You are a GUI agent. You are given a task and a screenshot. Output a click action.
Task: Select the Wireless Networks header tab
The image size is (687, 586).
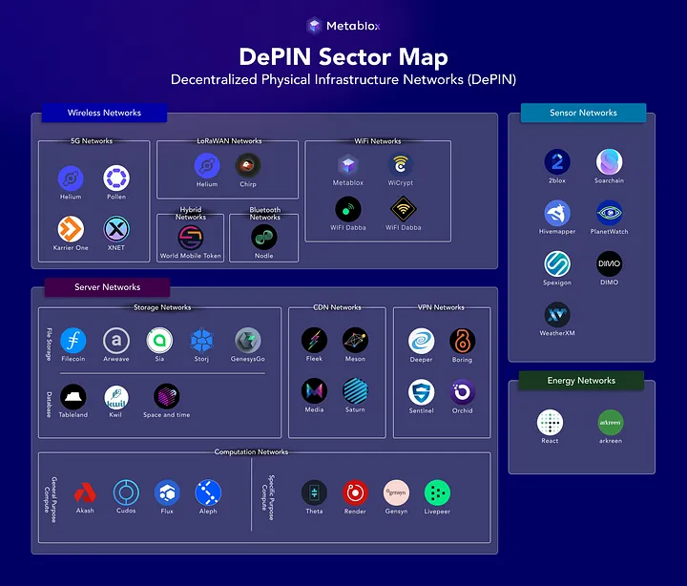[104, 113]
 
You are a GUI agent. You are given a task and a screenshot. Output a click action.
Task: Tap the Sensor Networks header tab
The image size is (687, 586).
[583, 113]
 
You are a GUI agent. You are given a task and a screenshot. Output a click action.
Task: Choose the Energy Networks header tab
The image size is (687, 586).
[581, 381]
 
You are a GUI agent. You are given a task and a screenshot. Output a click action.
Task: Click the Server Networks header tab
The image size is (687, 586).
[107, 287]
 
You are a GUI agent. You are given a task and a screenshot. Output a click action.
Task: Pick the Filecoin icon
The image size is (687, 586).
[73, 341]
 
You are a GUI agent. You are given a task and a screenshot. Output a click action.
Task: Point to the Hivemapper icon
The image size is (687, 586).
[557, 213]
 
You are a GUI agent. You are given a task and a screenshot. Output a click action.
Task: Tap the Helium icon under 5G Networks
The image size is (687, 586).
[71, 178]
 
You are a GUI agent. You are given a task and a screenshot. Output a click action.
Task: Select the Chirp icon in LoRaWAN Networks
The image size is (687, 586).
[248, 165]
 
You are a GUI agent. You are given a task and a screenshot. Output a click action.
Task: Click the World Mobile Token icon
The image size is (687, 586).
[190, 237]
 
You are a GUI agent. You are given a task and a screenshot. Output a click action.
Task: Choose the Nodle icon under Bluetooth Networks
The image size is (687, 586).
[263, 237]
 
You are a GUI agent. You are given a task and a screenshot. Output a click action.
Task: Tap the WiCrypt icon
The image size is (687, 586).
[400, 165]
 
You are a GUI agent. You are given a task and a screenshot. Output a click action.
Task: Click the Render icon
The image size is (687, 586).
[355, 492]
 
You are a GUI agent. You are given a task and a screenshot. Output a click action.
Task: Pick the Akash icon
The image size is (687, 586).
[85, 492]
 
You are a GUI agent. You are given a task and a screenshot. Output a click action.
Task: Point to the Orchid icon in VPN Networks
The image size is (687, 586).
[463, 391]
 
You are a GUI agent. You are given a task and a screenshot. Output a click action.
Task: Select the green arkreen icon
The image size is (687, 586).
[610, 422]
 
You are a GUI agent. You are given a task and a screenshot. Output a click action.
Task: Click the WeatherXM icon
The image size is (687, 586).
[557, 315]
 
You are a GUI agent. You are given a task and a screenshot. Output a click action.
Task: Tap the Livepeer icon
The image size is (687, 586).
[437, 492]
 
